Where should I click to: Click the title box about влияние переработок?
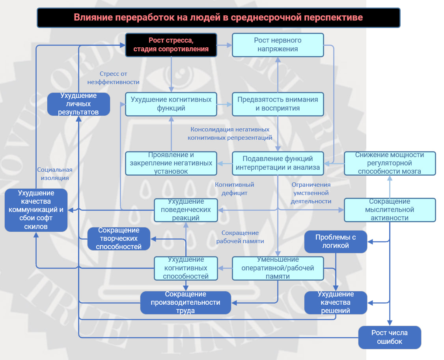pyautogui.click(x=218, y=18)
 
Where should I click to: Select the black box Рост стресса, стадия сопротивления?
pyautogui.click(x=171, y=45)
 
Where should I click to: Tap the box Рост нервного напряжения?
pyautogui.click(x=278, y=45)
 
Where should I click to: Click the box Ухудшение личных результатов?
pyautogui.click(x=78, y=104)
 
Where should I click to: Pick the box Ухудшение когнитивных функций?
pyautogui.click(x=171, y=104)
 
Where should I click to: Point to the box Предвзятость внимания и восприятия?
pyautogui.click(x=278, y=104)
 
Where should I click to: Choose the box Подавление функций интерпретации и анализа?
pyautogui.click(x=278, y=163)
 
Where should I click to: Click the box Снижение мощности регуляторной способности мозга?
pyautogui.click(x=390, y=163)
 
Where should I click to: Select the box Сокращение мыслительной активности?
pyautogui.click(x=390, y=210)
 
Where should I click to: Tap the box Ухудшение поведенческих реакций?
pyautogui.click(x=186, y=210)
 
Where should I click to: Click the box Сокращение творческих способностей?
pyautogui.click(x=119, y=238)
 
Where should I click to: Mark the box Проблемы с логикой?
pyautogui.click(x=336, y=242)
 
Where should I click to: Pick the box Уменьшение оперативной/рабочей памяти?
pyautogui.click(x=278, y=268)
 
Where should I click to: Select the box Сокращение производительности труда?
pyautogui.click(x=185, y=303)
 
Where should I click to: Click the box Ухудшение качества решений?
pyautogui.click(x=336, y=303)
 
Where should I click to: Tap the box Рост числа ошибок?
pyautogui.click(x=390, y=337)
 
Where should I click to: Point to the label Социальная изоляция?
pyautogui.click(x=55, y=174)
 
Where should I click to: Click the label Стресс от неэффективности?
pyautogui.click(x=114, y=78)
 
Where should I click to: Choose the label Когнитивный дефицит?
pyautogui.click(x=234, y=189)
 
